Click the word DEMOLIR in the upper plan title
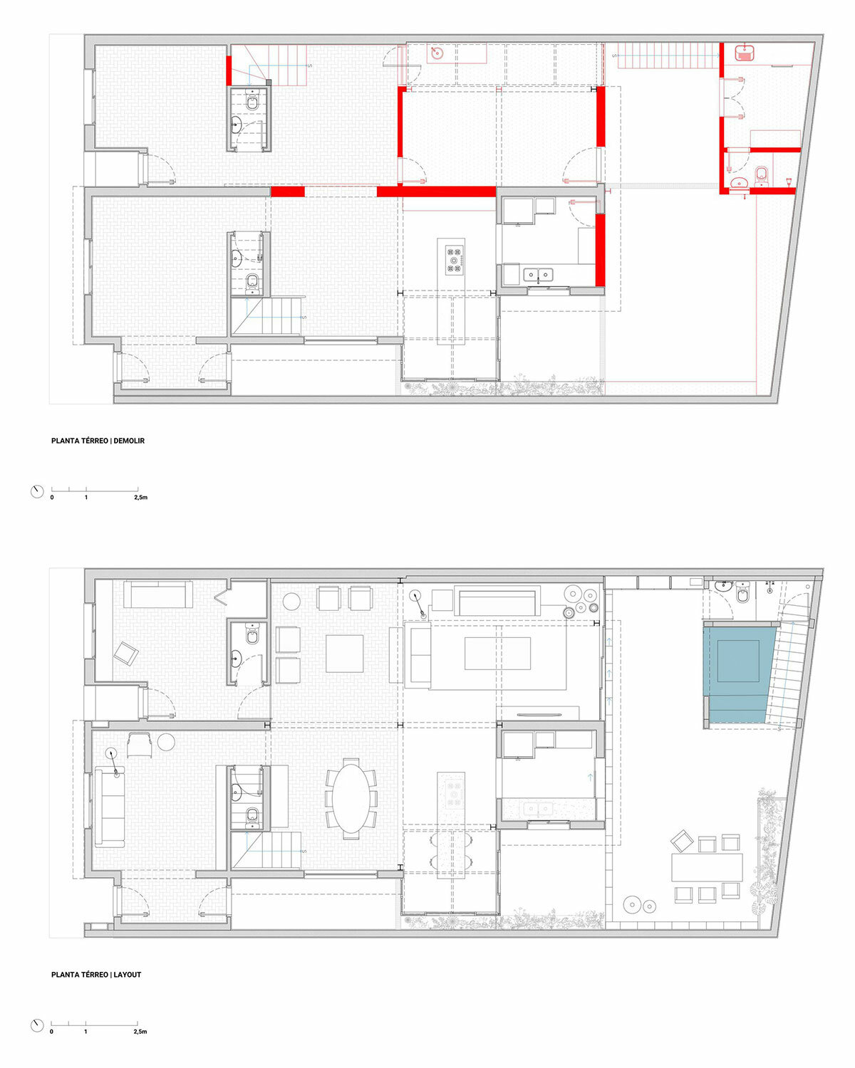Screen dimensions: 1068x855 click(x=129, y=441)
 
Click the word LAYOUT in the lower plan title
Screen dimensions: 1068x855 click(x=128, y=975)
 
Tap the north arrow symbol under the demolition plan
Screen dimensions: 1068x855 click(x=37, y=491)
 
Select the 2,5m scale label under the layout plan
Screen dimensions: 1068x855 click(x=140, y=1032)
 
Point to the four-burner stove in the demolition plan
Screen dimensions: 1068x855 click(x=454, y=259)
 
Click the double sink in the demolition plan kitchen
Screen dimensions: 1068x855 click(x=538, y=273)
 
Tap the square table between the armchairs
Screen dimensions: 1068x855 click(x=345, y=654)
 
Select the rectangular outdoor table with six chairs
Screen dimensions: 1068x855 click(x=707, y=867)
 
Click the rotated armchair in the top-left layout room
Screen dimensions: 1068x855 click(x=126, y=653)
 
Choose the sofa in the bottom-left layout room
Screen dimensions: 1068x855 click(x=109, y=806)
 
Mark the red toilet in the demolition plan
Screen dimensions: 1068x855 click(x=761, y=174)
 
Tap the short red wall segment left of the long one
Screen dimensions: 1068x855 click(x=288, y=192)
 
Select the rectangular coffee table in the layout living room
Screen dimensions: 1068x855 click(x=497, y=654)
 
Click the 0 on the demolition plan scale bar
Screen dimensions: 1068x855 click(x=52, y=498)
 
